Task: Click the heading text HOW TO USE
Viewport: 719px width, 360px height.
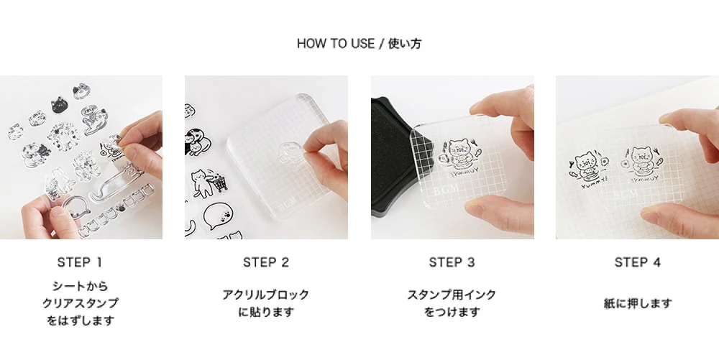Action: [x=336, y=44]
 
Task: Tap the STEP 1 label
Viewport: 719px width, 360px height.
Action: [x=81, y=262]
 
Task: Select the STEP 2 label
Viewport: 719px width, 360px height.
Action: [x=266, y=262]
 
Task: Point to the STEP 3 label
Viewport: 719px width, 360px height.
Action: [x=452, y=262]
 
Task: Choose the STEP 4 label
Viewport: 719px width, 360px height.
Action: [x=637, y=262]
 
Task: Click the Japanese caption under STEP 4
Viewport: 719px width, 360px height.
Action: [x=637, y=303]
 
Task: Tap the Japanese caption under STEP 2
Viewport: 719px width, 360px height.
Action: [x=266, y=303]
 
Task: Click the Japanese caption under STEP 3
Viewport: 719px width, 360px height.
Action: [x=452, y=303]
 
